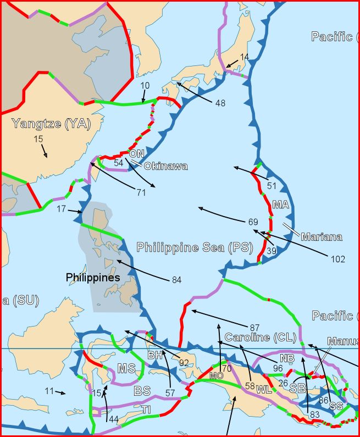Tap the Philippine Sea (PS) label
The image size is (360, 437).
(195, 247)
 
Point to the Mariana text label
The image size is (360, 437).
(321, 237)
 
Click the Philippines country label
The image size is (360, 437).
(93, 278)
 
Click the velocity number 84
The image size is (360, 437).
(176, 280)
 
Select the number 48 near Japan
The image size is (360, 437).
(220, 103)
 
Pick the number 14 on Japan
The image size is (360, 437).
(244, 57)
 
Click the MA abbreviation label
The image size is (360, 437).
(280, 204)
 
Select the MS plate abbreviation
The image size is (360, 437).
(126, 368)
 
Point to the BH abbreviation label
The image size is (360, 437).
(155, 356)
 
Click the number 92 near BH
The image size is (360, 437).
(183, 363)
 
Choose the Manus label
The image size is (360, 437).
(342, 341)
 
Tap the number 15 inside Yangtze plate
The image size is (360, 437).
(38, 140)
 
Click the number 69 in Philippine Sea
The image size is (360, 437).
(253, 222)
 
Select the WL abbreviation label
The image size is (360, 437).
(264, 389)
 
